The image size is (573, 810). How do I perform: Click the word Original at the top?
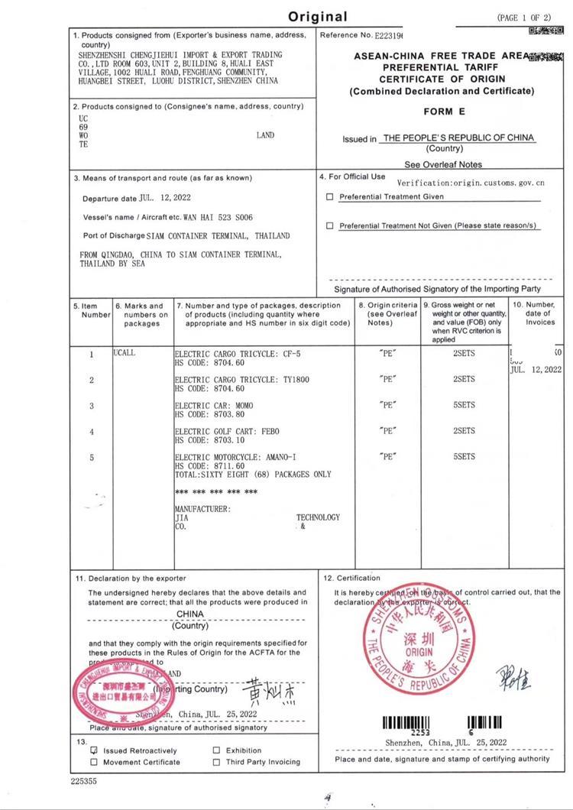(318, 16)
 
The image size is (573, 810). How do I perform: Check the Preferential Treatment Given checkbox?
(330, 196)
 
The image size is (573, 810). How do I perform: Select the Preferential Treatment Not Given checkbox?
(330, 225)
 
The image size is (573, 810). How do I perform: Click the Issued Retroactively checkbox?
(94, 750)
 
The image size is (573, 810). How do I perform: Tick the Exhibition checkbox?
(217, 750)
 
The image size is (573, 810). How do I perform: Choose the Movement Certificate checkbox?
(94, 762)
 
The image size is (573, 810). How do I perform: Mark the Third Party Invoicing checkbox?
(217, 762)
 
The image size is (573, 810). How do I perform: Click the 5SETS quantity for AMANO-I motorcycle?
(464, 457)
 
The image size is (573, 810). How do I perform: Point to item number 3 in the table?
(92, 406)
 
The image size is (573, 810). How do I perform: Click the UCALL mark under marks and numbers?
(124, 354)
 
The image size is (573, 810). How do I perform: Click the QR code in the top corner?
(540, 31)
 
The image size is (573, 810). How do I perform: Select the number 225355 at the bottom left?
(84, 782)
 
